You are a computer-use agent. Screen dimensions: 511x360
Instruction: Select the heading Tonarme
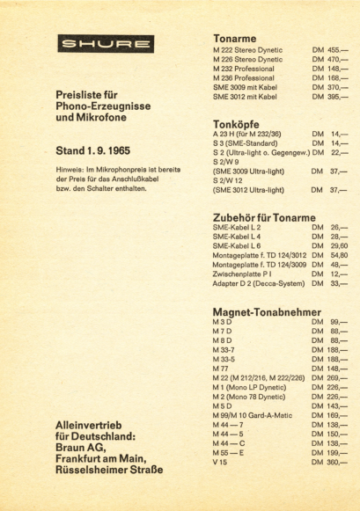coord(234,39)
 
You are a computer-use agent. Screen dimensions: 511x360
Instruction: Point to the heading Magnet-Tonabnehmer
coord(268,312)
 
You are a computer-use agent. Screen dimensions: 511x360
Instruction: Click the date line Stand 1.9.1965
coord(99,150)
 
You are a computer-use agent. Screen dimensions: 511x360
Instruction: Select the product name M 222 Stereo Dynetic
coord(247,50)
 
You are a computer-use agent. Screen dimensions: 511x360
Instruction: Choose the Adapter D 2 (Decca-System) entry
coord(258,283)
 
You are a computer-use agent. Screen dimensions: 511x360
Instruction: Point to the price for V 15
coord(330,463)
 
